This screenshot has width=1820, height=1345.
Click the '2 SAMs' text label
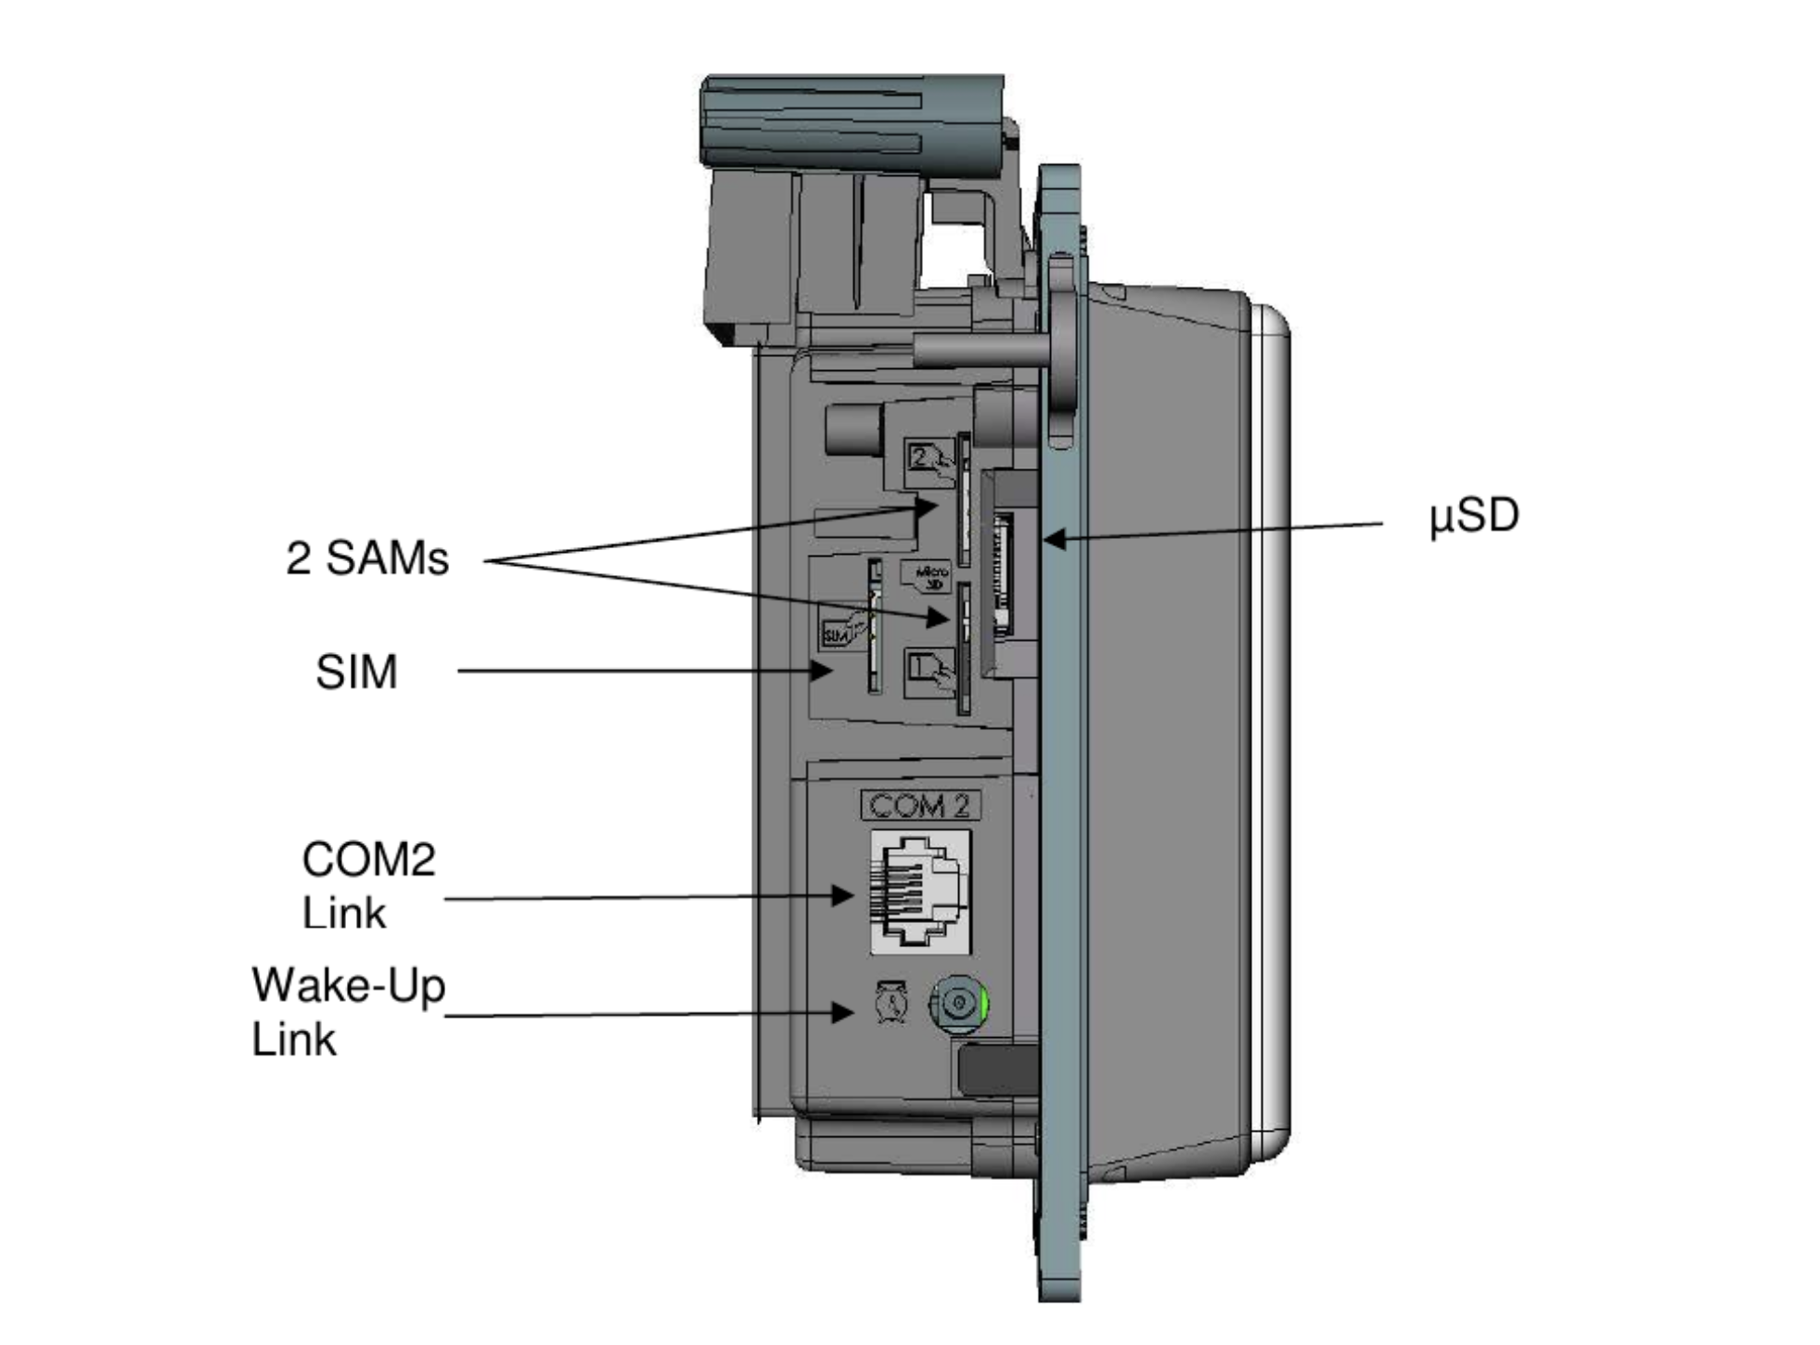[x=366, y=558]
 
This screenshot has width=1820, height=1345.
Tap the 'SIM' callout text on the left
[x=356, y=672]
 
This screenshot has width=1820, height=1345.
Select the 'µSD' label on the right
[x=1473, y=516]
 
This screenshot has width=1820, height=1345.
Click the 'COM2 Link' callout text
[x=367, y=886]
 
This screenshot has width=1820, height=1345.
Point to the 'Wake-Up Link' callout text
[x=348, y=1011]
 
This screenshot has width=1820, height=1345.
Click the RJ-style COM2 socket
[x=919, y=892]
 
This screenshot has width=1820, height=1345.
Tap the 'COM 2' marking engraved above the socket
[x=919, y=805]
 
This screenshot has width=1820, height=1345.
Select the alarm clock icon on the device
[x=891, y=1004]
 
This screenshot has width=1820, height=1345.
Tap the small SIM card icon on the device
[x=840, y=631]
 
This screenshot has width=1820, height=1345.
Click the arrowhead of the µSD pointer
[x=1054, y=537]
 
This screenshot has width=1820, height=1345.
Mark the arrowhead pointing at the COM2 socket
[x=842, y=895]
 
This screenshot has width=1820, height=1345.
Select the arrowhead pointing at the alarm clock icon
[x=842, y=1012]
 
